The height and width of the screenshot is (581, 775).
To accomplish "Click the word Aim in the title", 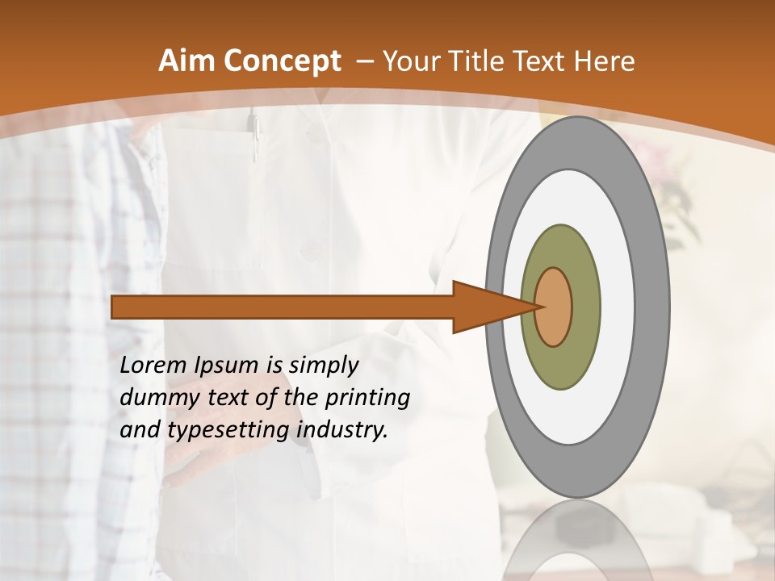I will pos(187,61).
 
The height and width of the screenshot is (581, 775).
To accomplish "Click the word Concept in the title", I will pos(281,61).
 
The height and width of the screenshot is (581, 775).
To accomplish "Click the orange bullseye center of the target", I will pos(555,307).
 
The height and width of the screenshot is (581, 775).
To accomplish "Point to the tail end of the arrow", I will pos(117,307).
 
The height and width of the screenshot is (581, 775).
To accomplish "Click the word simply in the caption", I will pos(323,366).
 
